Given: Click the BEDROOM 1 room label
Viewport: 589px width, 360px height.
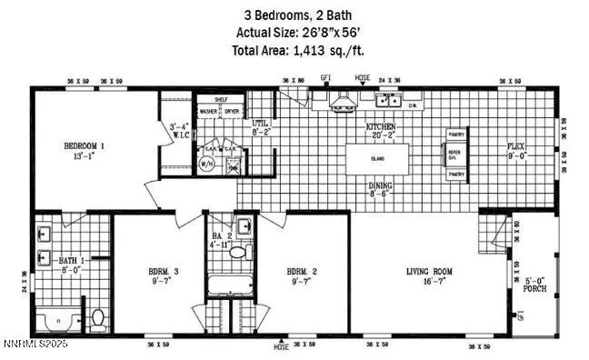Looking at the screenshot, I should [x=83, y=145].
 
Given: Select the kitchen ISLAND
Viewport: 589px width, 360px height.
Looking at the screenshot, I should [x=377, y=158].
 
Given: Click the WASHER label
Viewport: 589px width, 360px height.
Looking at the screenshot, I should [x=208, y=112].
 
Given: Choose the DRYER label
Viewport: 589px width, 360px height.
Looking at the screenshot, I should [x=232, y=112].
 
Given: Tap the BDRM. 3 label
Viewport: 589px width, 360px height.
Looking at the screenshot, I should [x=165, y=271].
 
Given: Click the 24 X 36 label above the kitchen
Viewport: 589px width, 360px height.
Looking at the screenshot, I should [x=390, y=80].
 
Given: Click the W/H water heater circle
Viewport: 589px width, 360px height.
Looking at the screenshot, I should [x=206, y=165].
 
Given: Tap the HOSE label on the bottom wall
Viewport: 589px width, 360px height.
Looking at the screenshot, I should [x=281, y=346].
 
